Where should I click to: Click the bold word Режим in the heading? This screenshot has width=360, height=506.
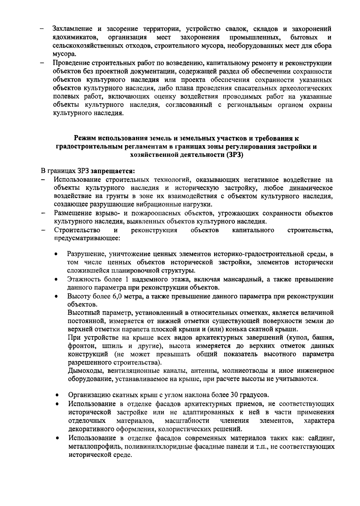(x=85, y=138)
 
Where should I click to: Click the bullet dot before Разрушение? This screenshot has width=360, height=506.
(x=56, y=254)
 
